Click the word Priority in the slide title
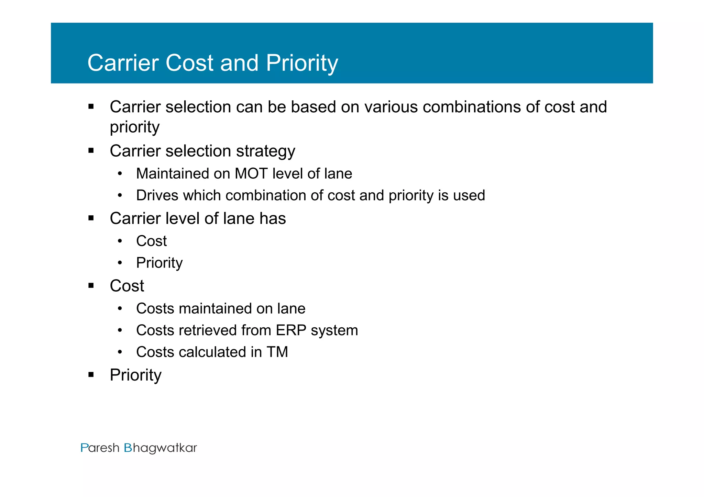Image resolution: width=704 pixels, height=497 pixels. [x=302, y=63]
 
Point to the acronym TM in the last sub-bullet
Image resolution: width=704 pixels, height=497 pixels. [x=277, y=352]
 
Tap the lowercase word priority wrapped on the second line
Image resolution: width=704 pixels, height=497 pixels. [x=134, y=127]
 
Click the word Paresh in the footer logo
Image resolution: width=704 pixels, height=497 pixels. [x=100, y=448]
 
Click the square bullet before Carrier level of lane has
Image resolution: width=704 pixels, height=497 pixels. [x=91, y=218]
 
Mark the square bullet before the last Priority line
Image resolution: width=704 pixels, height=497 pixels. [x=91, y=375]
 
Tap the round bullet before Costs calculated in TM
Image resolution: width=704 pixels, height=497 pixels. [x=120, y=352]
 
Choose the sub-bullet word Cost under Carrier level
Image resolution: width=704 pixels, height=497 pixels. [x=151, y=241]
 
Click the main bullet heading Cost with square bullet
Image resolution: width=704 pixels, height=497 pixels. [x=127, y=286]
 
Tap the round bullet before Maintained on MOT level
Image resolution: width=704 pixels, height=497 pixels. [x=120, y=174]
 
